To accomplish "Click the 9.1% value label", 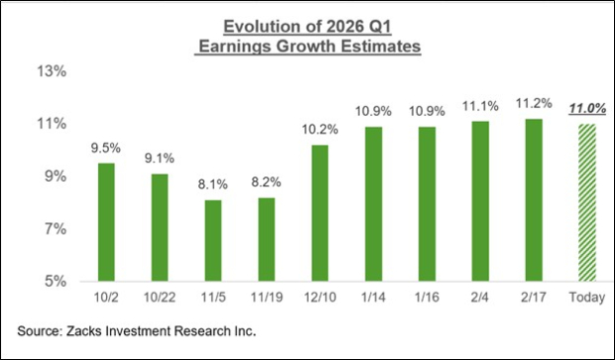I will click(x=160, y=156).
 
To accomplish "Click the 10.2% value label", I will click(x=318, y=128).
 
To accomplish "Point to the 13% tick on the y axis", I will click(x=52, y=71).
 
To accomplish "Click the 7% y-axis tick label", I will click(x=55, y=229).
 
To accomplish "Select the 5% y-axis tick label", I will click(x=55, y=282).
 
